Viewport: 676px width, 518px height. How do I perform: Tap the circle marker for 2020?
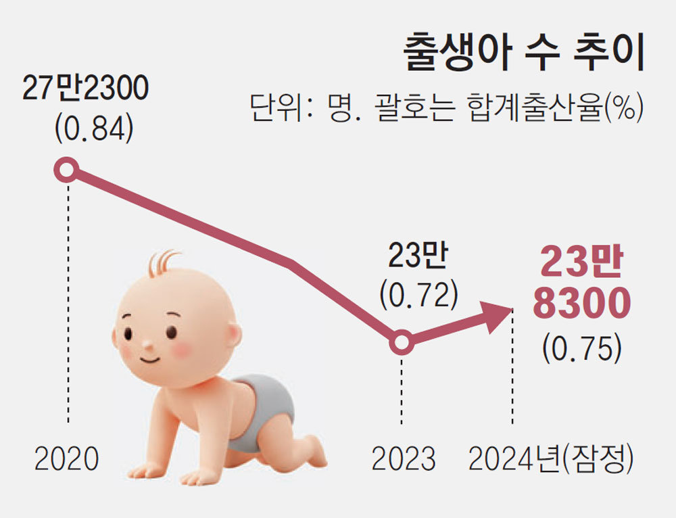(x=67, y=170)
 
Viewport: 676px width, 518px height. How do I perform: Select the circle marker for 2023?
(x=402, y=344)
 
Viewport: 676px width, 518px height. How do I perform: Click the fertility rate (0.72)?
(x=419, y=294)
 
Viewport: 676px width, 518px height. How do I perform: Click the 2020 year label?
(x=67, y=460)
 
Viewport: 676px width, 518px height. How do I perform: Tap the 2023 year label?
(x=404, y=460)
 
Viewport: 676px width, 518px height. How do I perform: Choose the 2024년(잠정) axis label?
(x=552, y=460)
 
